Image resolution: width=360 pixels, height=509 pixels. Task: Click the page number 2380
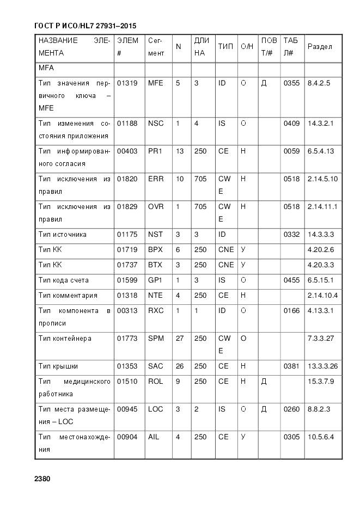click(42, 479)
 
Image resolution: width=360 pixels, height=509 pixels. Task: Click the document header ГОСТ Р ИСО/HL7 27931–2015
click(85, 26)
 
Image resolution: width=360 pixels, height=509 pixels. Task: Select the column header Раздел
click(320, 47)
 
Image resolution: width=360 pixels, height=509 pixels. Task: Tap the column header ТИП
click(225, 47)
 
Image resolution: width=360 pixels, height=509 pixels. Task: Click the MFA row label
click(46, 69)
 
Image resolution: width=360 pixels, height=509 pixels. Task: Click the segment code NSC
click(156, 124)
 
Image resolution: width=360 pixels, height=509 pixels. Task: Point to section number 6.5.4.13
click(321, 151)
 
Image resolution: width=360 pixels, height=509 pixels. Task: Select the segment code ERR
click(156, 179)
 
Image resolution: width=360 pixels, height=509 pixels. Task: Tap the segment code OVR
click(156, 207)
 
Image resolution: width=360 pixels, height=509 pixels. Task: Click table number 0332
click(291, 235)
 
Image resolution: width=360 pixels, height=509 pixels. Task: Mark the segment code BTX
click(156, 265)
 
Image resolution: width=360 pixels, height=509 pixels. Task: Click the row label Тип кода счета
click(63, 280)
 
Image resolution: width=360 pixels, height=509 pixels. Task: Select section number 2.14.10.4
click(322, 296)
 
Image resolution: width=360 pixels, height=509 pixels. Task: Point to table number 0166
click(291, 311)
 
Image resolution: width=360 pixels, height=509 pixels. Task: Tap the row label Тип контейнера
click(65, 339)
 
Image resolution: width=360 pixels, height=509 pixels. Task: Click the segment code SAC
click(156, 366)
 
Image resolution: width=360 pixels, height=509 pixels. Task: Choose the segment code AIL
click(154, 437)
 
